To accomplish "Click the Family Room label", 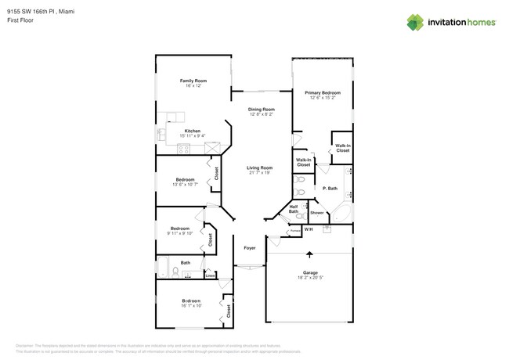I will pos(193,81).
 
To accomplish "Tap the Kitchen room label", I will pos(192,131).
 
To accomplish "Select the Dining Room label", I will pos(261,110).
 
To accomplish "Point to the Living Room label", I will pos(259,167).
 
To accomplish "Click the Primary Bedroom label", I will pos(323,92).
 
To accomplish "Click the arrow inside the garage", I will pos(309,254).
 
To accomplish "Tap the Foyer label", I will pos(249,247).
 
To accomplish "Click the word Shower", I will pos(317,213).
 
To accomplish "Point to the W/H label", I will pos(309,229).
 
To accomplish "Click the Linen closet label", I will pos(210,275).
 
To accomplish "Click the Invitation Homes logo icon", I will pos(415,23).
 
